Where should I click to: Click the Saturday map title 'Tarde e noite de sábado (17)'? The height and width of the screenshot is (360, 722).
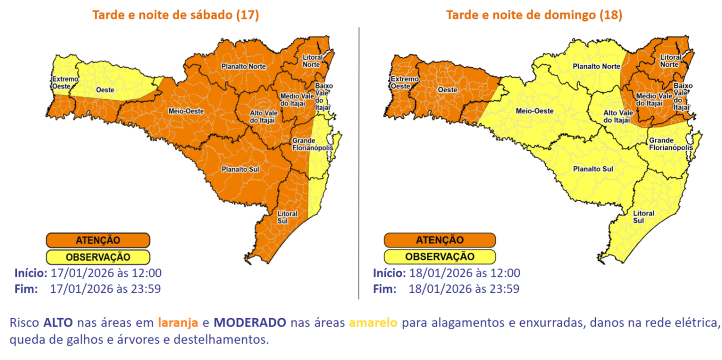click(x=175, y=15)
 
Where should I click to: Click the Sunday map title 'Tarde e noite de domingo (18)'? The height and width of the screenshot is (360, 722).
click(x=534, y=15)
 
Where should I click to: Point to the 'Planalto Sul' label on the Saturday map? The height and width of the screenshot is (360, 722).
click(x=241, y=169)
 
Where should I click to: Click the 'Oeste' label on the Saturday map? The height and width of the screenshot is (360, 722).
click(x=105, y=90)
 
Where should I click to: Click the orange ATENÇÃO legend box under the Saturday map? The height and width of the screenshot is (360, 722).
click(x=98, y=240)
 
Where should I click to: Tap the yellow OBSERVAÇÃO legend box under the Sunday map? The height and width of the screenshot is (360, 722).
click(x=439, y=257)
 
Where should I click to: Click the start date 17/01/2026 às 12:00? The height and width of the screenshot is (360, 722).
click(x=106, y=273)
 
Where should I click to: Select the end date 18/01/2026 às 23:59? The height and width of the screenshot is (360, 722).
click(x=464, y=289)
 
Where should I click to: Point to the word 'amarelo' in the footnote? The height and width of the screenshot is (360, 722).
click(x=373, y=323)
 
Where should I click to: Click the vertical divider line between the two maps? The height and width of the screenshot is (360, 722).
click(x=359, y=164)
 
